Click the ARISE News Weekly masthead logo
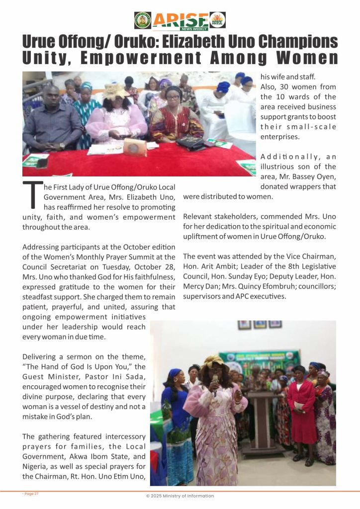point(180,20)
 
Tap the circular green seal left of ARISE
point(142,20)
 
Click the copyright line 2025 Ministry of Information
point(180,496)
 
